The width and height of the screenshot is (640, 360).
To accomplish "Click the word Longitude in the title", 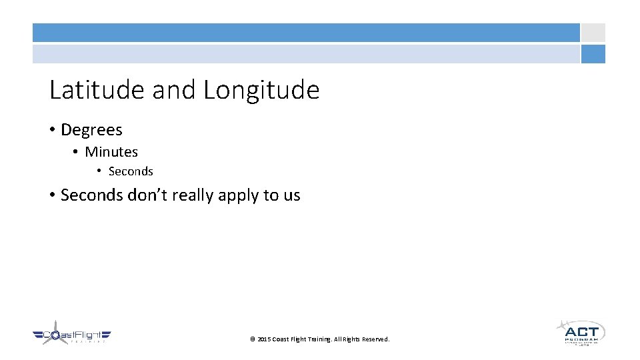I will pos(261,90).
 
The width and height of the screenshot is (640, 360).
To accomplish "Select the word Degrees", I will pos(91,130).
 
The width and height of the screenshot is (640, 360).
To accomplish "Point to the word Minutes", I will pos(111,152).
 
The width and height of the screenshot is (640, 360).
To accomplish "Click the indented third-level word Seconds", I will pos(131,171).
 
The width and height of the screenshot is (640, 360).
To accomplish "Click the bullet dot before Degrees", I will pos(52,130).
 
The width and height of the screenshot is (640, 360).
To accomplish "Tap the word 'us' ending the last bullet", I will pos(291,195).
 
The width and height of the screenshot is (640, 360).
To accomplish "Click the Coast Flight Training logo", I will pos(72,335).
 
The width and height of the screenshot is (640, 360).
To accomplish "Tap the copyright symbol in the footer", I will pos(252,339).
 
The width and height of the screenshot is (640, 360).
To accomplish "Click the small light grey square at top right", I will pos(593,33).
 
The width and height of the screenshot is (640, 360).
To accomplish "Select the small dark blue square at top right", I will pos(593,54).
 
